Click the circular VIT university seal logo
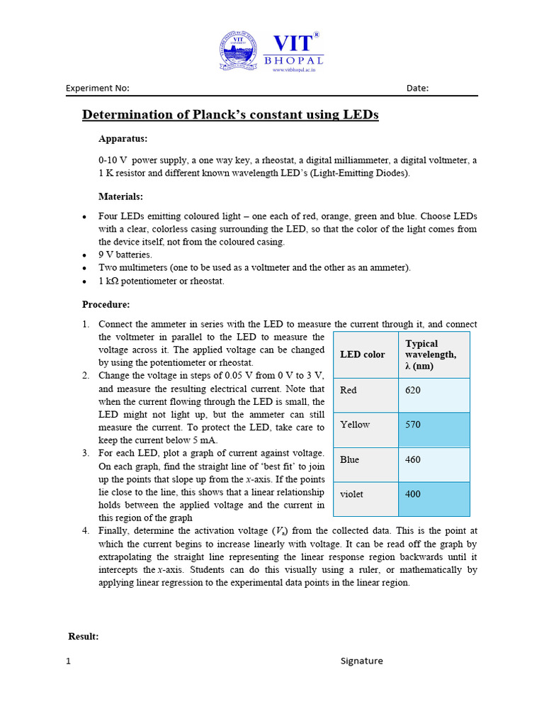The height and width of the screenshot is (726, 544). (x=239, y=50)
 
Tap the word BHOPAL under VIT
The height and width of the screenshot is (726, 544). (x=294, y=62)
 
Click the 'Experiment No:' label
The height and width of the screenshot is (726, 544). (x=98, y=89)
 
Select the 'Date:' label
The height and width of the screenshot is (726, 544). (x=417, y=89)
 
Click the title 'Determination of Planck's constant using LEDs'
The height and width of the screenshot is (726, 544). (x=231, y=115)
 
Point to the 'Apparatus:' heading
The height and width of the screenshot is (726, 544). (x=123, y=139)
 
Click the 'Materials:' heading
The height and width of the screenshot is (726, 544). (x=121, y=196)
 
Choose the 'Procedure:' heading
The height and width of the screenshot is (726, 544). (x=106, y=305)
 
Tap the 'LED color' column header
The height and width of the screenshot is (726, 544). (x=363, y=354)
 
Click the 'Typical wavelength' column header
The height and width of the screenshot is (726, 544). (x=431, y=354)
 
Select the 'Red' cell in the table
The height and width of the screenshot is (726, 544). (x=348, y=390)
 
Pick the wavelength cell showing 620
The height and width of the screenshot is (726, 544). (x=413, y=390)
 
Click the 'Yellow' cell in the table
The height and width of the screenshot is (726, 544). (x=355, y=425)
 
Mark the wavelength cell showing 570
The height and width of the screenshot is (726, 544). (x=413, y=425)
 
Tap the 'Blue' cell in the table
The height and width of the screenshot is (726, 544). (x=350, y=459)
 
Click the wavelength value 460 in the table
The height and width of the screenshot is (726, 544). (x=413, y=459)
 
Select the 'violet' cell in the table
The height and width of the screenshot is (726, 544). (x=352, y=494)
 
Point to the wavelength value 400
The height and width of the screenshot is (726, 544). (x=413, y=494)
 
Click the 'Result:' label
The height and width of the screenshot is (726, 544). (x=84, y=637)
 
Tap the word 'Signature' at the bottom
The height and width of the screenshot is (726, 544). (x=361, y=661)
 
